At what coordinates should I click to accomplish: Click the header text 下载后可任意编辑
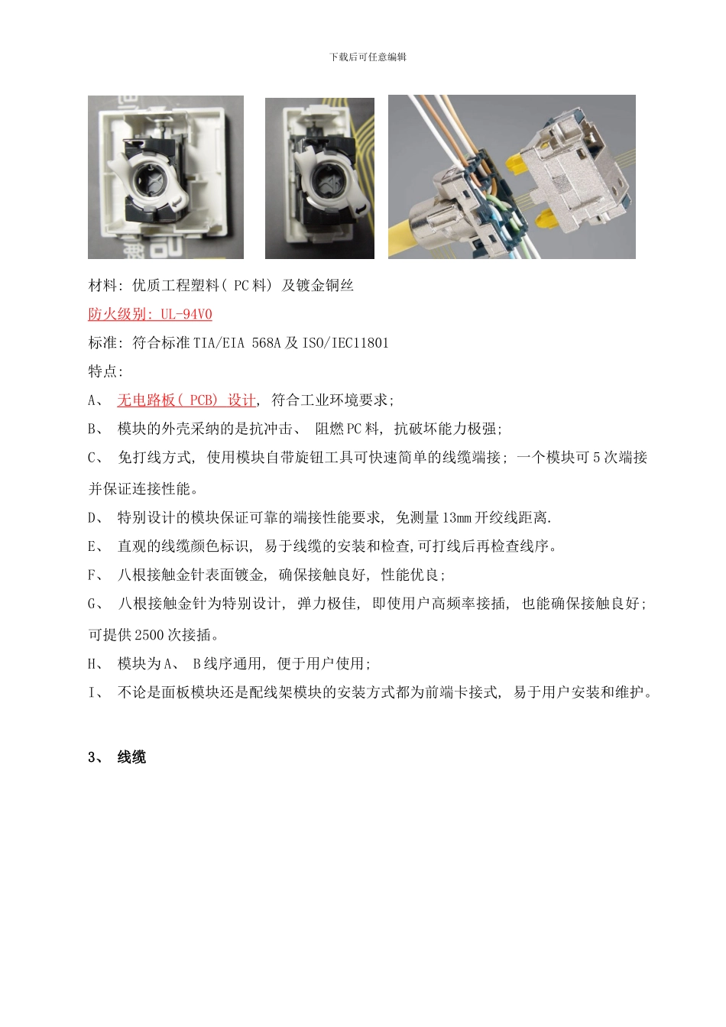coord(368,57)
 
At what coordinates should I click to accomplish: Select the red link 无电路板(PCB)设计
coord(186,400)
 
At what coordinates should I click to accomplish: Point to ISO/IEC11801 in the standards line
coord(345,343)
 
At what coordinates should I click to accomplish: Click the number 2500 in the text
coord(149,635)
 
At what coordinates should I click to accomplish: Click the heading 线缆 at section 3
coord(131,757)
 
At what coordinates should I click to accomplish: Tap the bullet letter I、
coord(96,693)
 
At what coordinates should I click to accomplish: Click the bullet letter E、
coord(96,546)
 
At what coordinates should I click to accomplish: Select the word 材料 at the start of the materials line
coord(103,286)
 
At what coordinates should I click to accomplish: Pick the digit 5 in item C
coord(597,458)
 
